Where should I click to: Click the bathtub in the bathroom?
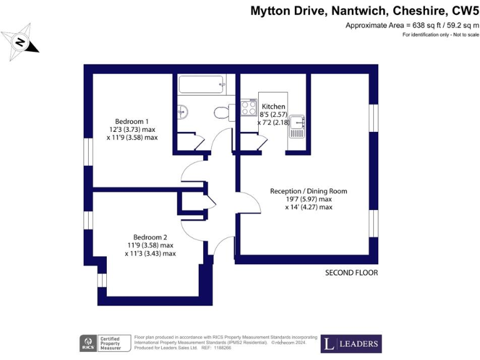[202, 84]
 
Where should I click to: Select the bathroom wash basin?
[182, 112]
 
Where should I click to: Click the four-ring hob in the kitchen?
[249, 107]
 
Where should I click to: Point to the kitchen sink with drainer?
[297, 126]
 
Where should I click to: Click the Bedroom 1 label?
[132, 121]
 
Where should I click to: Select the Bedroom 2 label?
[150, 237]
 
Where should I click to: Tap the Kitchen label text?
[273, 106]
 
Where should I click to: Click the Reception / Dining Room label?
[309, 191]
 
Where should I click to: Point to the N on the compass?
[20, 42]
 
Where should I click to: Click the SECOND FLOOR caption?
[351, 272]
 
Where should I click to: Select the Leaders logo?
[351, 344]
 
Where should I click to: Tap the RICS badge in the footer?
[88, 344]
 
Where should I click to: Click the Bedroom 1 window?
[88, 152]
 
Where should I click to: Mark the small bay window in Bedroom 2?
[102, 280]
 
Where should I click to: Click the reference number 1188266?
[222, 348]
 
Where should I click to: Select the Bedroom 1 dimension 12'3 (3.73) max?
[132, 129]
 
